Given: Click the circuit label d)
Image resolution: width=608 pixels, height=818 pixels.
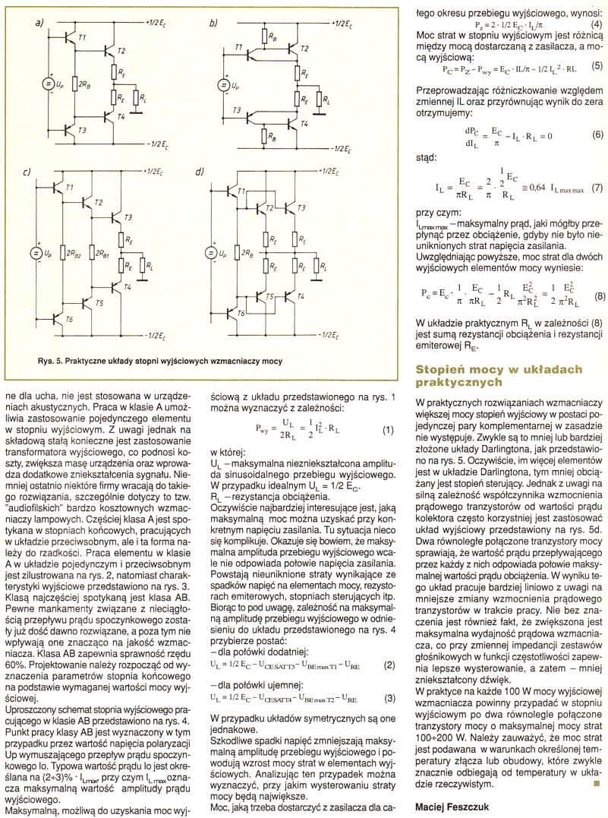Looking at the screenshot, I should (x=200, y=173).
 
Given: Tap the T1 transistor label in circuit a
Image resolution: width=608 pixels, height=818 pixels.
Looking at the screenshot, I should (x=82, y=38).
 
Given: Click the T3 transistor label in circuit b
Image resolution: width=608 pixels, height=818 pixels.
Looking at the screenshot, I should (x=238, y=111).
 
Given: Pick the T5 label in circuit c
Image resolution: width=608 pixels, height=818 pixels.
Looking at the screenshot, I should (x=99, y=303).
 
